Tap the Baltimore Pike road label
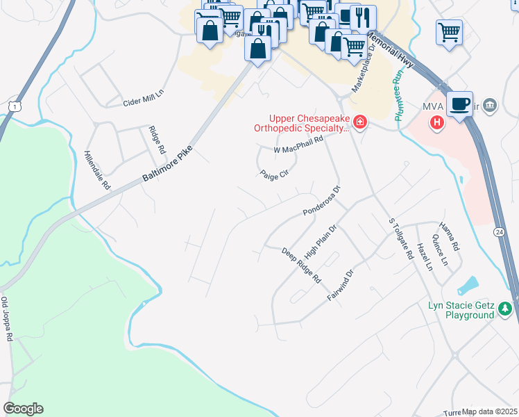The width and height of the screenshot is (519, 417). [x=167, y=158]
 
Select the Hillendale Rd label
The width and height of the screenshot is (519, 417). [x=97, y=170]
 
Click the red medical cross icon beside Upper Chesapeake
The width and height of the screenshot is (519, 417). [x=359, y=124]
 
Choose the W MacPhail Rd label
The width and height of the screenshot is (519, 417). [x=299, y=145]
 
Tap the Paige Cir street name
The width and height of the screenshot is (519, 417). [x=273, y=175]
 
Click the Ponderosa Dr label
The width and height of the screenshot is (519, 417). [x=321, y=202]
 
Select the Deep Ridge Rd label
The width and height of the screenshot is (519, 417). [x=302, y=265]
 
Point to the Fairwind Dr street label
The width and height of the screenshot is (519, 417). [x=341, y=286]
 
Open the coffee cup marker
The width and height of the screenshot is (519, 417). [x=459, y=103]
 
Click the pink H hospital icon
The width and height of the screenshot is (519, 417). [x=436, y=124]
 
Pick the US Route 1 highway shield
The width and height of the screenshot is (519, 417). [x=13, y=105]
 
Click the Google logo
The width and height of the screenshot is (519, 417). [x=23, y=409]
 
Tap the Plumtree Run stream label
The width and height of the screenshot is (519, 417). [x=399, y=99]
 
